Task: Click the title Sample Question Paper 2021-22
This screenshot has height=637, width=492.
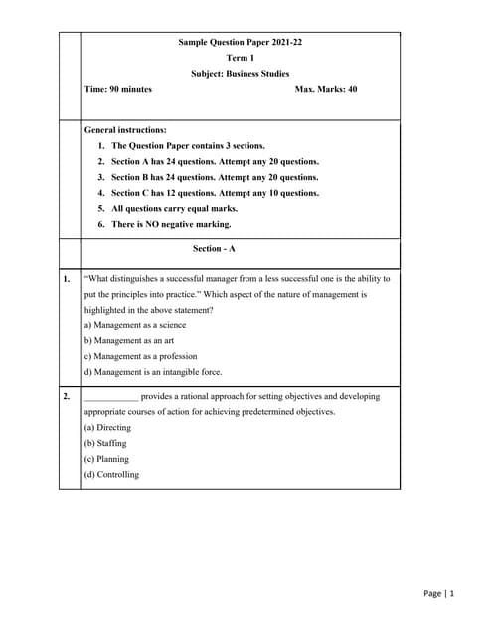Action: pyautogui.click(x=240, y=43)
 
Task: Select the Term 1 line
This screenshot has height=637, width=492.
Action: pyautogui.click(x=240, y=58)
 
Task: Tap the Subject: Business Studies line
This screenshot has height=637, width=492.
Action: pyautogui.click(x=240, y=74)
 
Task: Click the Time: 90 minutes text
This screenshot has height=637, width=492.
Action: pyautogui.click(x=118, y=89)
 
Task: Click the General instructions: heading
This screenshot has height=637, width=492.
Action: pyautogui.click(x=125, y=130)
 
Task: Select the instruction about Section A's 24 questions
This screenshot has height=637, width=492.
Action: pyautogui.click(x=209, y=161)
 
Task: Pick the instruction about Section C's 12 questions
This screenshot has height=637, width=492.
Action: pyautogui.click(x=209, y=193)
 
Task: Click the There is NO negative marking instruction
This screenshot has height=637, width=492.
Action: pyautogui.click(x=164, y=224)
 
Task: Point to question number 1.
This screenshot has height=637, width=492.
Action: pyautogui.click(x=67, y=279)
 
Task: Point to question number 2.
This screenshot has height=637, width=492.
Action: pyautogui.click(x=67, y=396)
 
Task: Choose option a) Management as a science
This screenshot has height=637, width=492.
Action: pyautogui.click(x=134, y=325)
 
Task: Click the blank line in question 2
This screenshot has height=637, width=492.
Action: pyautogui.click(x=111, y=397)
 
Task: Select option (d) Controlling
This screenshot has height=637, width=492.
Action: pyautogui.click(x=111, y=475)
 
